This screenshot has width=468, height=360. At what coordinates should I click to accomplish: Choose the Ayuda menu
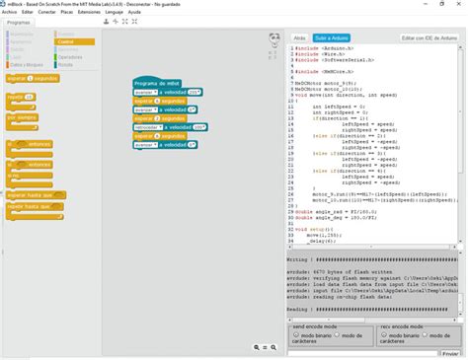(x=134, y=12)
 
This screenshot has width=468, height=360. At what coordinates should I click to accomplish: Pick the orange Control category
(x=69, y=42)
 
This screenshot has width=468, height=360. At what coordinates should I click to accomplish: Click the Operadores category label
(x=70, y=57)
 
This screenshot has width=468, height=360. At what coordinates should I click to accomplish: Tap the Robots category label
(x=66, y=63)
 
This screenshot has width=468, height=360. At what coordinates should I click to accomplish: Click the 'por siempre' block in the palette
(x=22, y=117)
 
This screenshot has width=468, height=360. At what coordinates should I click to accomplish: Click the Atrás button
(x=300, y=37)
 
